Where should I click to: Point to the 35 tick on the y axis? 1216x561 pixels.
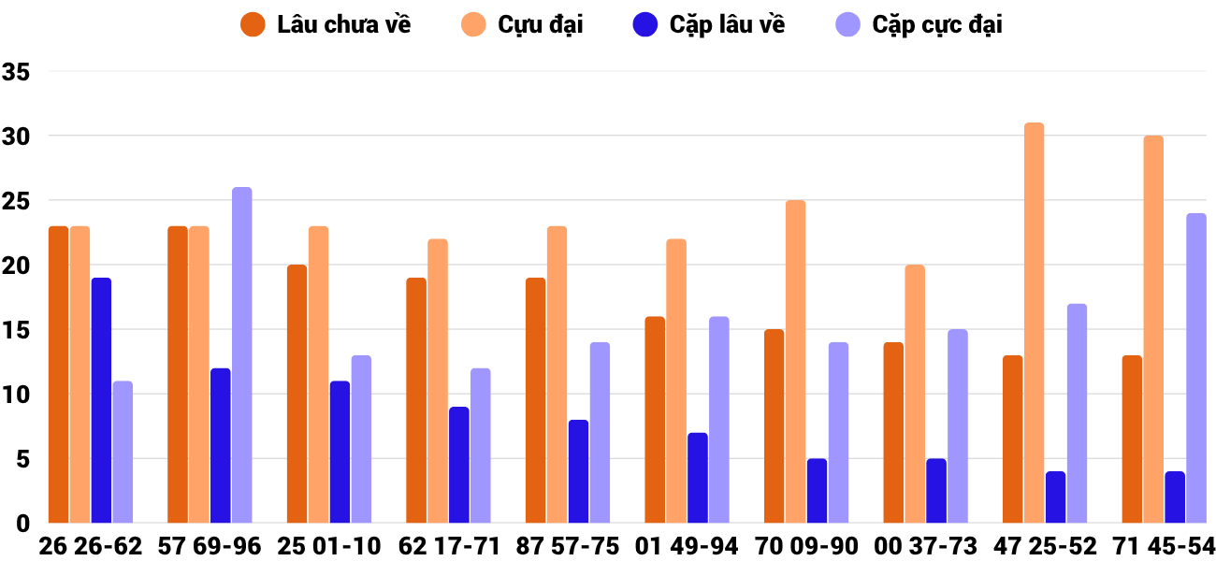tap(17, 72)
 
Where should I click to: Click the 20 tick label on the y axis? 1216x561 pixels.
tap(17, 266)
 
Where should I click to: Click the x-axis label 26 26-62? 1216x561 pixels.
tap(91, 546)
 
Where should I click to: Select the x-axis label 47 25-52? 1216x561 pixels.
tap(1046, 546)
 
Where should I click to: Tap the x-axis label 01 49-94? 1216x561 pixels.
tap(688, 546)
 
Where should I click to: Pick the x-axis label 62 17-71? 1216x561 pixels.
tap(449, 546)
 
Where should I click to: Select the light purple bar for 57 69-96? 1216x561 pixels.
tap(242, 355)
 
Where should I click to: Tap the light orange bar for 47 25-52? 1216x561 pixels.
tap(1034, 323)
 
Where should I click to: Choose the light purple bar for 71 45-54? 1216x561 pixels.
tap(1196, 368)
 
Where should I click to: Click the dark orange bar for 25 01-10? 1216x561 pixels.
tap(297, 394)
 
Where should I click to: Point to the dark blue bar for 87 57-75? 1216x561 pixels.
tap(578, 471)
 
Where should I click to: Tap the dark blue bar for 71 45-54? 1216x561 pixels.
tap(1175, 497)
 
